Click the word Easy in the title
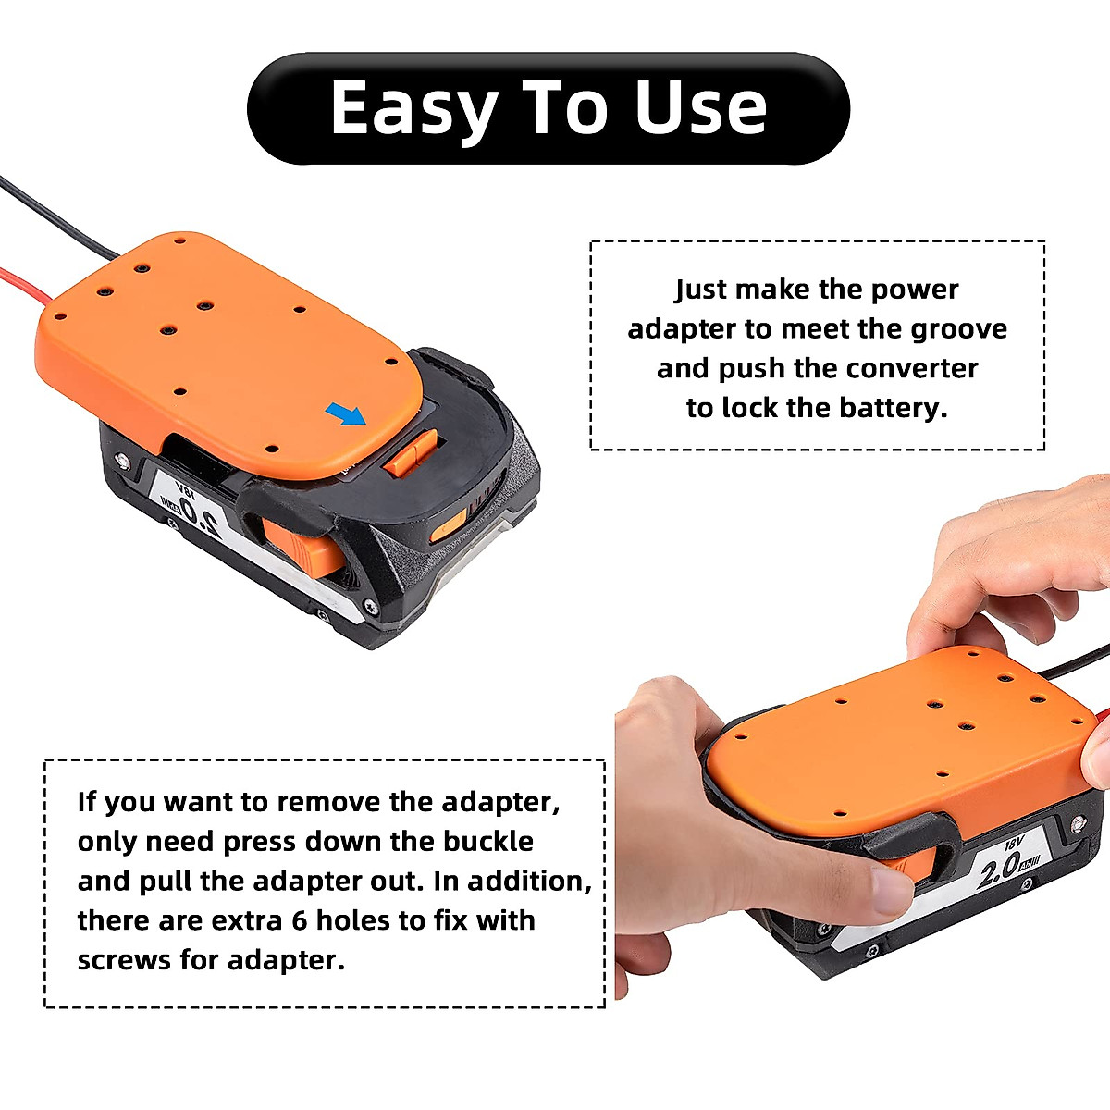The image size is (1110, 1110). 415,109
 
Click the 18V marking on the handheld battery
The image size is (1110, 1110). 1016,845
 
